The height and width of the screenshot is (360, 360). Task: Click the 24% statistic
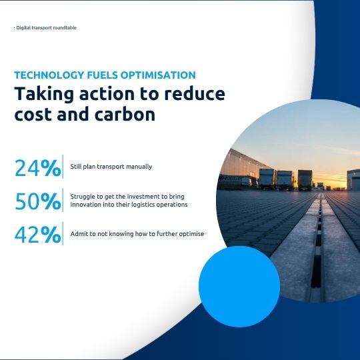(x=37, y=168)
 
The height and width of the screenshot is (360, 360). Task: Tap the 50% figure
(x=38, y=201)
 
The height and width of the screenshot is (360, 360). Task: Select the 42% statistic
(x=38, y=235)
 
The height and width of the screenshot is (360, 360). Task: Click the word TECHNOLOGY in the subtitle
(x=49, y=75)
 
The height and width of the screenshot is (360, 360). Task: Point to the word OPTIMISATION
(x=158, y=75)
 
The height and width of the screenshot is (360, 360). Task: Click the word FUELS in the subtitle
(x=103, y=75)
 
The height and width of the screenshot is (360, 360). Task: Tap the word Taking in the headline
(x=44, y=94)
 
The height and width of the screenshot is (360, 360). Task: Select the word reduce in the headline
(x=195, y=94)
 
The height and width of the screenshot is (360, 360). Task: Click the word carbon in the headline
(x=125, y=114)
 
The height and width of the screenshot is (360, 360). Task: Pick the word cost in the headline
(x=33, y=115)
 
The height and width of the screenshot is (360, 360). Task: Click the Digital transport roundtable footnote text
(x=45, y=28)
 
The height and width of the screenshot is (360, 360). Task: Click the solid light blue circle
(x=239, y=287)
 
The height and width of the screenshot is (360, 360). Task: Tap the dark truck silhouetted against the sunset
(x=305, y=180)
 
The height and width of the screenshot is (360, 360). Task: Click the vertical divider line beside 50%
(x=63, y=200)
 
